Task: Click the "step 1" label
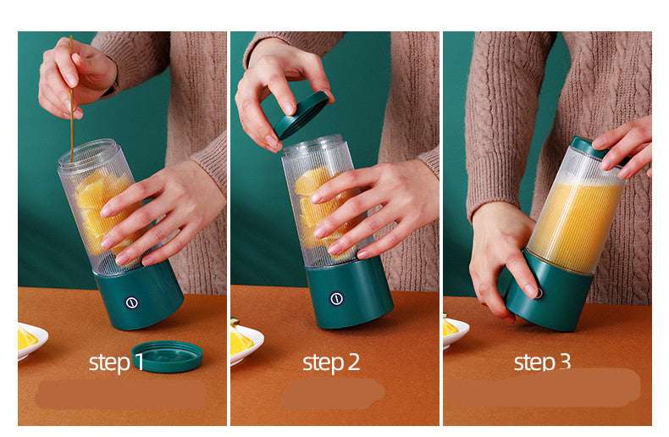coord(116,363)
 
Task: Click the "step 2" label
coord(331,363)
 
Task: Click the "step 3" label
coord(542,363)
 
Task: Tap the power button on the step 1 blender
coord(132,302)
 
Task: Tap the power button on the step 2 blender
coord(337,298)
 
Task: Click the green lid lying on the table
coord(167,356)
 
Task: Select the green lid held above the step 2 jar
coord(300,114)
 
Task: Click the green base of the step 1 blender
coord(140,296)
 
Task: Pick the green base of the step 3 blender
coord(555,296)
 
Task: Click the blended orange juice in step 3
coord(576,224)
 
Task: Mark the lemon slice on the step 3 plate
coord(449,327)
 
